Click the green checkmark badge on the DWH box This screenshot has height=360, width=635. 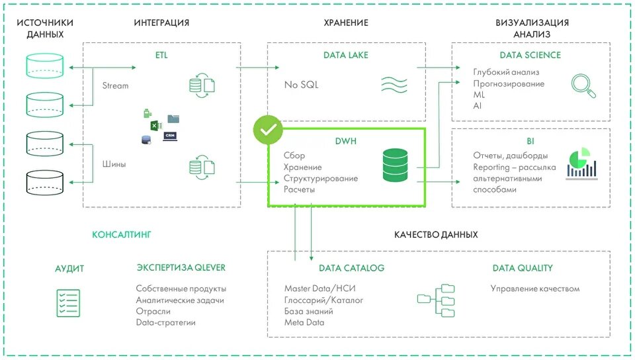[x=268, y=131]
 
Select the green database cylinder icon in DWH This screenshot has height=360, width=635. [x=396, y=165]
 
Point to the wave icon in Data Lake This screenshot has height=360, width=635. [x=395, y=85]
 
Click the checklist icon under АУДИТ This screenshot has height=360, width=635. [x=69, y=303]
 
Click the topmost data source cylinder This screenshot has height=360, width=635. [x=45, y=64]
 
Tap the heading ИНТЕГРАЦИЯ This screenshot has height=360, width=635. [x=161, y=22]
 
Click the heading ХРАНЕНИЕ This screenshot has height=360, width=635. [x=346, y=22]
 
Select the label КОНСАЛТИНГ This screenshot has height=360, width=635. [x=122, y=234]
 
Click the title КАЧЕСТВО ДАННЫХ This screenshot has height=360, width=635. [x=436, y=235]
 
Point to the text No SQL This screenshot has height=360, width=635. [x=302, y=85]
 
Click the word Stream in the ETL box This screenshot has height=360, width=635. [x=116, y=85]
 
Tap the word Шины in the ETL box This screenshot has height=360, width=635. [x=114, y=164]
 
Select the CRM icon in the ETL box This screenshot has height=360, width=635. [x=170, y=136]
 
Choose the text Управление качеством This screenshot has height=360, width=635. [x=535, y=289]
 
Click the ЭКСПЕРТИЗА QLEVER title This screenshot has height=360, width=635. [x=181, y=268]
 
